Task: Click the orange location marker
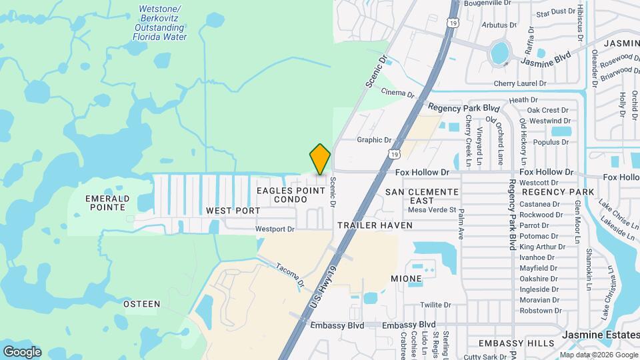click(x=320, y=159)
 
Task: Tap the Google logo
click(x=22, y=351)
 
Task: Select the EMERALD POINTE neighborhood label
click(x=106, y=203)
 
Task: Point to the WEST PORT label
click(x=233, y=211)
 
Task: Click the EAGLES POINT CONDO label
click(x=291, y=195)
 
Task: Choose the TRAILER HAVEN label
click(x=375, y=226)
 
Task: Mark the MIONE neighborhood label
click(x=406, y=279)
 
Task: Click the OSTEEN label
click(x=142, y=304)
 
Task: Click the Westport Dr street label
click(x=275, y=229)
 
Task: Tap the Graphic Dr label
click(x=374, y=140)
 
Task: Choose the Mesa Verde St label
click(x=431, y=210)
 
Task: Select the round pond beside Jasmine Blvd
click(x=499, y=51)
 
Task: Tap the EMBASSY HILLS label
click(x=516, y=343)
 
